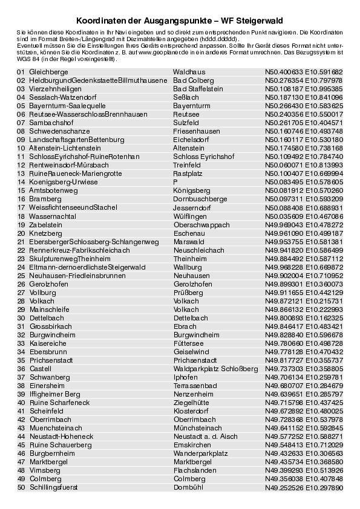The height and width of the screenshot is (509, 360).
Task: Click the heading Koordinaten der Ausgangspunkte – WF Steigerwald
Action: coord(180,20)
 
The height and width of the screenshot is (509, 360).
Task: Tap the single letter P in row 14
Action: coord(175,182)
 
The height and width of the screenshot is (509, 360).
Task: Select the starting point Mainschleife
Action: coord(50,309)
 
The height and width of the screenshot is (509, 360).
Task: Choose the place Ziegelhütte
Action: coord(191,402)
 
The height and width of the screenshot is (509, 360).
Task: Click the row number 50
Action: coord(21,487)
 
